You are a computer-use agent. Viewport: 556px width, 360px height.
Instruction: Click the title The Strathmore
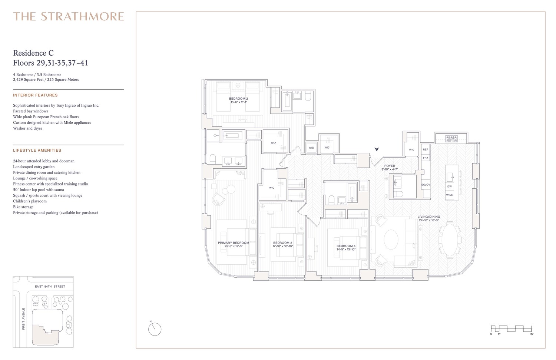pos(69,16)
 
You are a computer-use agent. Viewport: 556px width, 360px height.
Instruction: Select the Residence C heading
pos(33,53)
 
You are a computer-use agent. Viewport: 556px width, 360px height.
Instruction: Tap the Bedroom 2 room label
pos(238,98)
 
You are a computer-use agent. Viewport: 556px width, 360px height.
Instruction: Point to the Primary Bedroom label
pos(233,243)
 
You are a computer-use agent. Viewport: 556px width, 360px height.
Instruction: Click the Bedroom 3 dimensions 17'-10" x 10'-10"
pos(283,247)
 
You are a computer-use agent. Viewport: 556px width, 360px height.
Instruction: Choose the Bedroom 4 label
pos(346,246)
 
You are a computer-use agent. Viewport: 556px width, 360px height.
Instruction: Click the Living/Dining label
pos(428,217)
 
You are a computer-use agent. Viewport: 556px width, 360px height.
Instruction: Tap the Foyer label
pos(390,166)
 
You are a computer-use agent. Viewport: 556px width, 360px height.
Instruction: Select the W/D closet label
pos(311,148)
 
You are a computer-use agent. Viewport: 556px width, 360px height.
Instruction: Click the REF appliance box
pos(426,149)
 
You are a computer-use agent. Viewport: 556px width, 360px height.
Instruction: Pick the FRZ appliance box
pos(426,158)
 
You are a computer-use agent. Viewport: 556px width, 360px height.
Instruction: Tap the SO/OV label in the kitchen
pos(426,185)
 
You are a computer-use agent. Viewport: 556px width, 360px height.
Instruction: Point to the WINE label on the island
pos(449,195)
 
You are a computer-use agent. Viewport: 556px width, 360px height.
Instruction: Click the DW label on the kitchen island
pos(449,186)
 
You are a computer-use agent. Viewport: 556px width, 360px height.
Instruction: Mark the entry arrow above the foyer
pos(377,149)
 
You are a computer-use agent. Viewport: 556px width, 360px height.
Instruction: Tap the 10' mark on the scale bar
pos(531,334)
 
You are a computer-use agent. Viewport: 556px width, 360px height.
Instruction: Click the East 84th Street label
pos(50,287)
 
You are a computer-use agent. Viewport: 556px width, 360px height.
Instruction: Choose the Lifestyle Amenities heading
pos(37,151)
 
